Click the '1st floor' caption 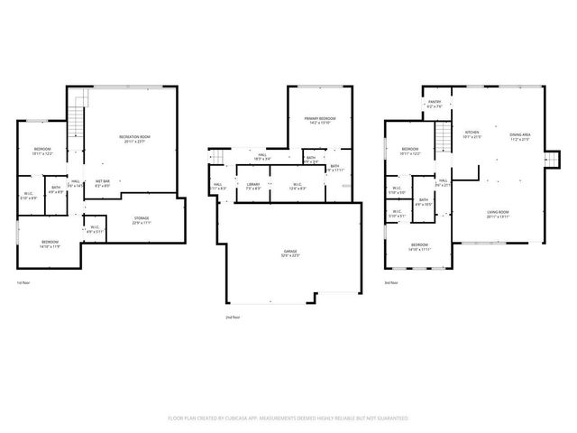tap(23, 283)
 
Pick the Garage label tap(291, 253)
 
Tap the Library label tap(253, 185)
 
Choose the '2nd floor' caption tap(233, 318)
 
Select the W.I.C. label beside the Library tap(297, 185)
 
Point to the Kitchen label tap(472, 134)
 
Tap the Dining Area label tap(520, 134)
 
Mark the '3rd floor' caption tap(391, 283)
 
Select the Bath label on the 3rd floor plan tap(423, 201)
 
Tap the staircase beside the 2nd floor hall tap(216, 157)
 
